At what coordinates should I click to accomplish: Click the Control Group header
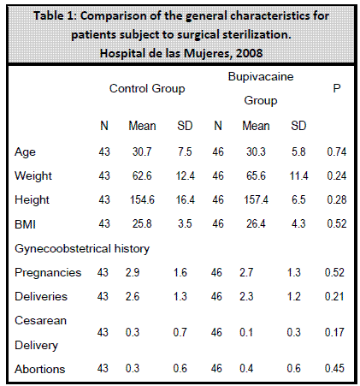pyautogui.click(x=147, y=89)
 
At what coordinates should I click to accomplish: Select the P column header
pyautogui.click(x=337, y=88)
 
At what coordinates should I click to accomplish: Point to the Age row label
pyautogui.click(x=25, y=152)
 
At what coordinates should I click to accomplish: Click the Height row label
pyautogui.click(x=32, y=199)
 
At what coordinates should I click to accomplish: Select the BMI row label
pyautogui.click(x=25, y=224)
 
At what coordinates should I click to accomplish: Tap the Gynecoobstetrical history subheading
pyautogui.click(x=82, y=249)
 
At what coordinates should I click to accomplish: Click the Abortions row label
pyautogui.click(x=40, y=369)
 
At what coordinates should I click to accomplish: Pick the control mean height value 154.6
pyautogui.click(x=142, y=199)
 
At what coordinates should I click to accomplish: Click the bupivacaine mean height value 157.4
pyautogui.click(x=256, y=199)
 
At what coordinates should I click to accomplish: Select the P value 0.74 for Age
pyautogui.click(x=337, y=151)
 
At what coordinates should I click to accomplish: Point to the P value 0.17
pyautogui.click(x=334, y=332)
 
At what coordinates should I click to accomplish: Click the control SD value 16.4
pyautogui.click(x=186, y=199)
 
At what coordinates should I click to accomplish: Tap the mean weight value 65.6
pyautogui.click(x=256, y=175)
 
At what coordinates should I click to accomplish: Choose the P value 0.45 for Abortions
pyautogui.click(x=334, y=368)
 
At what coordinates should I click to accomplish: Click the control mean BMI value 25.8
pyautogui.click(x=142, y=223)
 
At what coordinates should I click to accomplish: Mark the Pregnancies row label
pyautogui.click(x=48, y=273)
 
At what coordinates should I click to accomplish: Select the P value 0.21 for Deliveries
pyautogui.click(x=334, y=296)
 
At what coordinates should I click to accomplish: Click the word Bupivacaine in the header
pyautogui.click(x=261, y=77)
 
